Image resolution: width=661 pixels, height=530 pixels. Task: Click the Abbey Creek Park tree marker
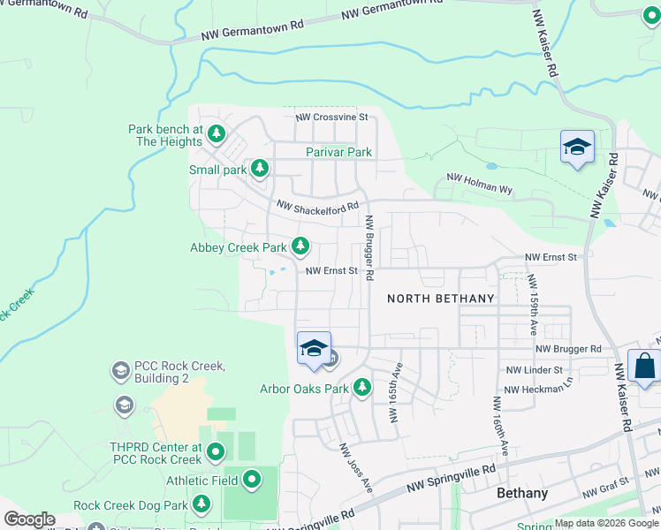click(301, 245)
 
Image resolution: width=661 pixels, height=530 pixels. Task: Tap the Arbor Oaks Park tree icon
click(361, 387)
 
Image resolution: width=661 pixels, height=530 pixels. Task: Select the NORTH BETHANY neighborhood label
click(441, 299)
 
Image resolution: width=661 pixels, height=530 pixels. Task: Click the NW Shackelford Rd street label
click(317, 207)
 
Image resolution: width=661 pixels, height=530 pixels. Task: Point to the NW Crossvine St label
click(331, 117)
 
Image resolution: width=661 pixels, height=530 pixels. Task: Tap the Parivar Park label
click(338, 152)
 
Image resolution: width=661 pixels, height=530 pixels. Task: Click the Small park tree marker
click(259, 167)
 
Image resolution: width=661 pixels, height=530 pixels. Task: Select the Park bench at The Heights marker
click(217, 134)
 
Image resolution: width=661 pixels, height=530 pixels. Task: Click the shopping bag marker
click(644, 366)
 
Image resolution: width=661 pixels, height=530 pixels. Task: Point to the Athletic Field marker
click(253, 481)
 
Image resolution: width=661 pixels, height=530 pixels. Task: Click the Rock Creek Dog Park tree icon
click(201, 503)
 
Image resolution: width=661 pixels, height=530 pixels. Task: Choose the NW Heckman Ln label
click(538, 390)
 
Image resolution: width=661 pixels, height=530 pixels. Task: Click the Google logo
click(29, 520)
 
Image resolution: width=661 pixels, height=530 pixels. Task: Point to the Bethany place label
click(522, 493)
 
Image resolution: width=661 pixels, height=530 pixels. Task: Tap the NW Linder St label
click(535, 370)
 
